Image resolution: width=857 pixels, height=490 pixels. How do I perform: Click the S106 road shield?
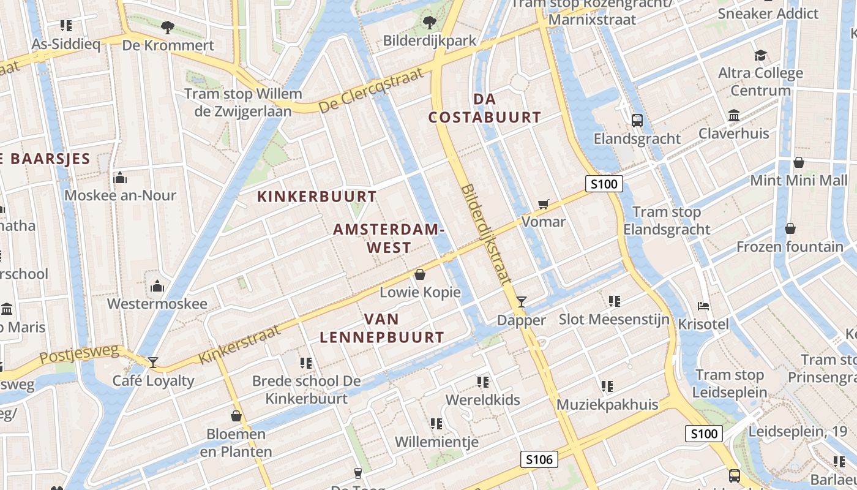pyautogui.click(x=539, y=459)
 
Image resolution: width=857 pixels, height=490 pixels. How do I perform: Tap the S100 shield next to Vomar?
pyautogui.click(x=604, y=184)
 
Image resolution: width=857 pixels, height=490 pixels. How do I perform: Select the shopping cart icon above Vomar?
pyautogui.click(x=543, y=204)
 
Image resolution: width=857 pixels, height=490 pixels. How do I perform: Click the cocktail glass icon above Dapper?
pyautogui.click(x=521, y=301)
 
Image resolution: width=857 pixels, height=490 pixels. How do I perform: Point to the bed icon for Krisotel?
pyautogui.click(x=704, y=306)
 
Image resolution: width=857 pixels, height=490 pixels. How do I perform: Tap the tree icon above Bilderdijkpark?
pyautogui.click(x=429, y=23)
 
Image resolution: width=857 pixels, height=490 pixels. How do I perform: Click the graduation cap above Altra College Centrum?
pyautogui.click(x=760, y=56)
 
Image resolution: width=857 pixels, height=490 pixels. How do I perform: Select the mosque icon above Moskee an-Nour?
pyautogui.click(x=120, y=178)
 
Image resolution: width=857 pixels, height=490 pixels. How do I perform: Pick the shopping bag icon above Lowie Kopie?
pyautogui.click(x=420, y=274)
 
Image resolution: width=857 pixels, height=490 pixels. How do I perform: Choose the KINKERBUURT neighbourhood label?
pyautogui.click(x=316, y=197)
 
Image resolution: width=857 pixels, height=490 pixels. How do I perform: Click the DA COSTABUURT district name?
pyautogui.click(x=484, y=108)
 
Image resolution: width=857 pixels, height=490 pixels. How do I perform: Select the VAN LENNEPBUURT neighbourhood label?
pyautogui.click(x=382, y=328)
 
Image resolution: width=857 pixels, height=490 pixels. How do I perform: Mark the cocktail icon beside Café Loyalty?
pyautogui.click(x=153, y=363)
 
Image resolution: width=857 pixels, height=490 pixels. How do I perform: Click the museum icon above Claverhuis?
pyautogui.click(x=733, y=116)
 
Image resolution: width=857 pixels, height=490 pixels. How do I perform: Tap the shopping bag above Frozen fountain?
pyautogui.click(x=790, y=228)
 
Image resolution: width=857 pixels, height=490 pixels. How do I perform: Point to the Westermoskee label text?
pyautogui.click(x=157, y=304)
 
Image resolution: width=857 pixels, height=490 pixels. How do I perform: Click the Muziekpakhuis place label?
pyautogui.click(x=607, y=405)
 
